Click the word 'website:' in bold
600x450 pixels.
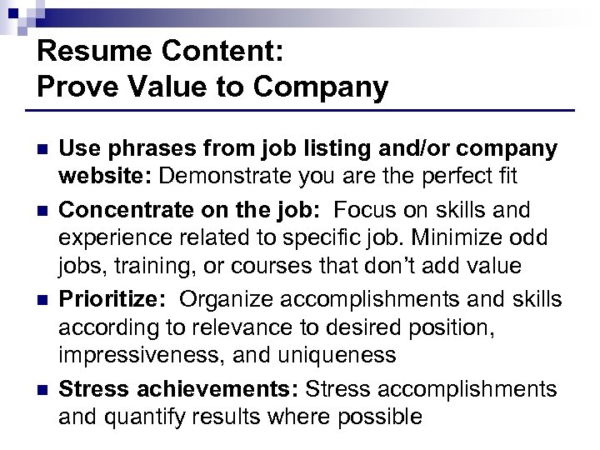click(x=106, y=177)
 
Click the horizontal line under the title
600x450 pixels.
click(x=300, y=111)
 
